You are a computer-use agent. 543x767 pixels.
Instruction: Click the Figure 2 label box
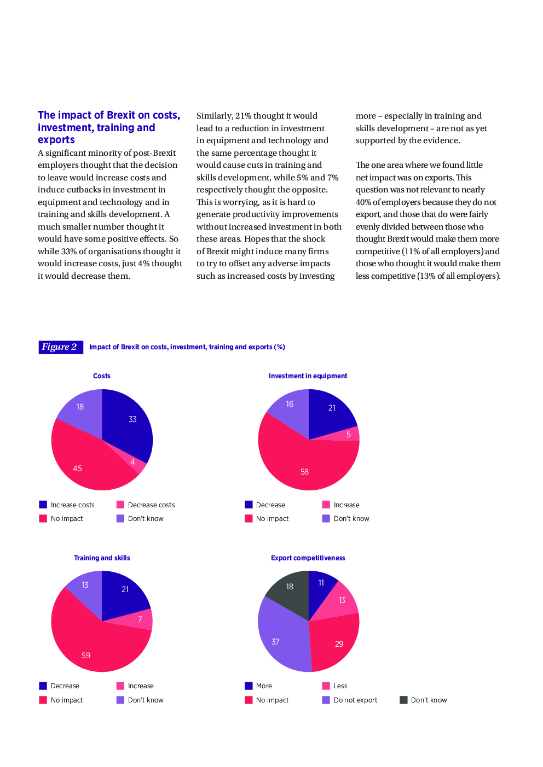pyautogui.click(x=60, y=347)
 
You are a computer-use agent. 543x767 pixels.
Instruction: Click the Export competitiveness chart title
pyautogui.click(x=308, y=558)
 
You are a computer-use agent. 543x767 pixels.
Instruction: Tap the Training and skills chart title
pyautogui.click(x=102, y=558)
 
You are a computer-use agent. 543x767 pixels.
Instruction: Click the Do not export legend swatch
pyautogui.click(x=326, y=700)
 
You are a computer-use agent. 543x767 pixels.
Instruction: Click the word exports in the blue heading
pyautogui.click(x=56, y=140)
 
